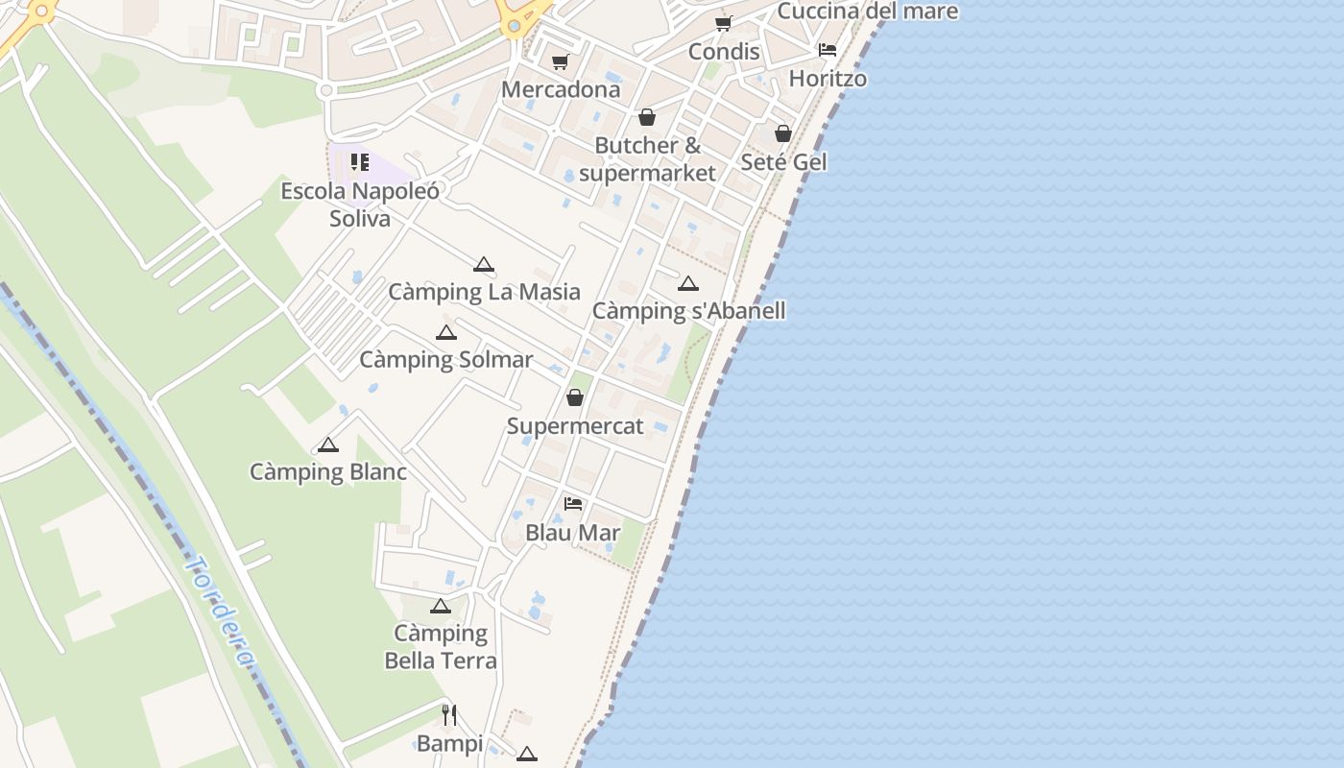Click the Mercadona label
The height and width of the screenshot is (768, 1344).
pos(561,89)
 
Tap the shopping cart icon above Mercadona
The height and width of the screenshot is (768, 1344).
pos(560,62)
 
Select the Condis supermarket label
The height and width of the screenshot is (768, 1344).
pos(724,51)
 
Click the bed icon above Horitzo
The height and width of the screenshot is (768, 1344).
pos(828,50)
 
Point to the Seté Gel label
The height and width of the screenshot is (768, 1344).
pos(783,161)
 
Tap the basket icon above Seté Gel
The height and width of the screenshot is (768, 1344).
pos(783,133)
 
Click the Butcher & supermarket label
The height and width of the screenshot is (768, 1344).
pos(648,159)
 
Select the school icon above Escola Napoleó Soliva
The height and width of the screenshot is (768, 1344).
pos(360,162)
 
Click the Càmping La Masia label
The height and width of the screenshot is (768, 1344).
pos(484,292)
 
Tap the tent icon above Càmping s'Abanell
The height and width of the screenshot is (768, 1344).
pos(687,283)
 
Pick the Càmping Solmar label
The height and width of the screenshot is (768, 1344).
pos(445,360)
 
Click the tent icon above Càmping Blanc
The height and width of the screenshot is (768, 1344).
pos(328,444)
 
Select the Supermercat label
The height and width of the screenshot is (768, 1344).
pos(575,426)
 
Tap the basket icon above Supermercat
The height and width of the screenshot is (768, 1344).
pos(575,397)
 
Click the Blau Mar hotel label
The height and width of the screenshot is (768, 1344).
pos(573,532)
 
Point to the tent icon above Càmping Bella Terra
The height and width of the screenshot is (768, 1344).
pos(440,606)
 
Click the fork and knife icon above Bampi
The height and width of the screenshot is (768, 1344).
pos(448,714)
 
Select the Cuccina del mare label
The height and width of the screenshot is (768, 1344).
pos(867,12)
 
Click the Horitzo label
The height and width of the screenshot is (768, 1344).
pos(828,79)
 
